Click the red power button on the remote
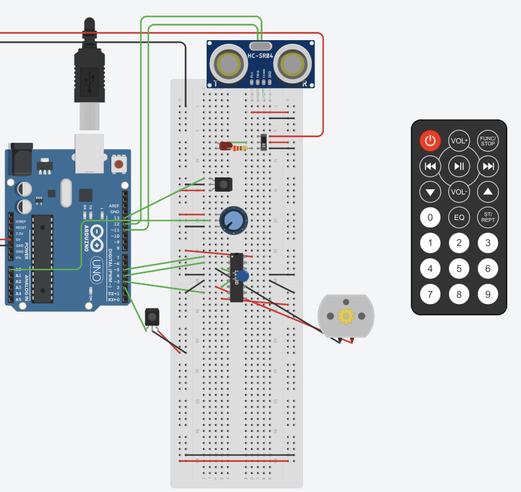[x=430, y=141]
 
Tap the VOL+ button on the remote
[x=459, y=141]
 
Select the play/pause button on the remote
[x=459, y=166]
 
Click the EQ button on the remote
[x=459, y=217]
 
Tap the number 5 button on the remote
[x=459, y=269]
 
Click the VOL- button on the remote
[x=459, y=192]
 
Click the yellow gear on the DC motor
[x=346, y=315]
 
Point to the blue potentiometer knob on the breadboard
[x=232, y=221]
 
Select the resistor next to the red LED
[x=240, y=148]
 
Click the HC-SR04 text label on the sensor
[x=260, y=56]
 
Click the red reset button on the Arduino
[x=118, y=165]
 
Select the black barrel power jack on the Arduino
[x=20, y=162]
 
